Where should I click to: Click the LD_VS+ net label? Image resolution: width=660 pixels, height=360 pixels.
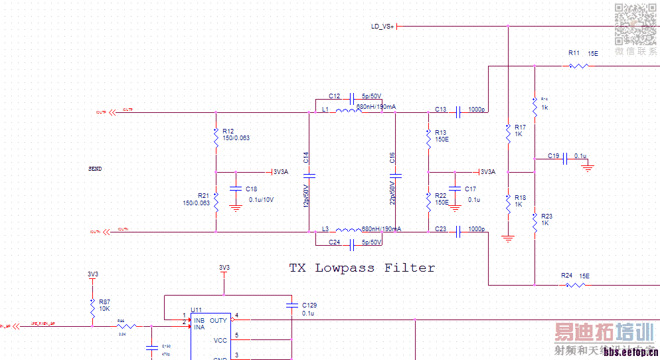(382, 27)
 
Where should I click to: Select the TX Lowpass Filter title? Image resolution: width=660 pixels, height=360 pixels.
(362, 268)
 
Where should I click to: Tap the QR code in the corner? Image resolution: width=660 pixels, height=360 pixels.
(635, 24)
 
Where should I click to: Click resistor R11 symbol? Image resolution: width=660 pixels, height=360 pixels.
(578, 66)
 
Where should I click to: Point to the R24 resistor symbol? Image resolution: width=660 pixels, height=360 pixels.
(574, 285)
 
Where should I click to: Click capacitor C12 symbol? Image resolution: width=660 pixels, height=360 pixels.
(353, 97)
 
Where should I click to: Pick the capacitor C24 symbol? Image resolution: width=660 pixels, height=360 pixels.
(353, 244)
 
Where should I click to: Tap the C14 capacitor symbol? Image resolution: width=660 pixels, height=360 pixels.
(309, 176)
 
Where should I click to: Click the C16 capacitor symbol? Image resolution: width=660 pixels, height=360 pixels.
(396, 176)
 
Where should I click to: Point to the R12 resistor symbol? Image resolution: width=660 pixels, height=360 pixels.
(216, 137)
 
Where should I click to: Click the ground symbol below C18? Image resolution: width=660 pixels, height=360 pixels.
(234, 208)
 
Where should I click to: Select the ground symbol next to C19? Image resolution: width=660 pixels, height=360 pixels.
(587, 168)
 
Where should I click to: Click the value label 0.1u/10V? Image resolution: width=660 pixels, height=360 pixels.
(261, 199)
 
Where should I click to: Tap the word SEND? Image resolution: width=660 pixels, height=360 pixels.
(95, 169)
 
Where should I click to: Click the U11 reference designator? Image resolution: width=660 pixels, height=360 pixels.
(196, 310)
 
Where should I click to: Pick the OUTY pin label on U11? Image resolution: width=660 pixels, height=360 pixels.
(218, 320)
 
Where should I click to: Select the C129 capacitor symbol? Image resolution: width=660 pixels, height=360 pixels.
(292, 306)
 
